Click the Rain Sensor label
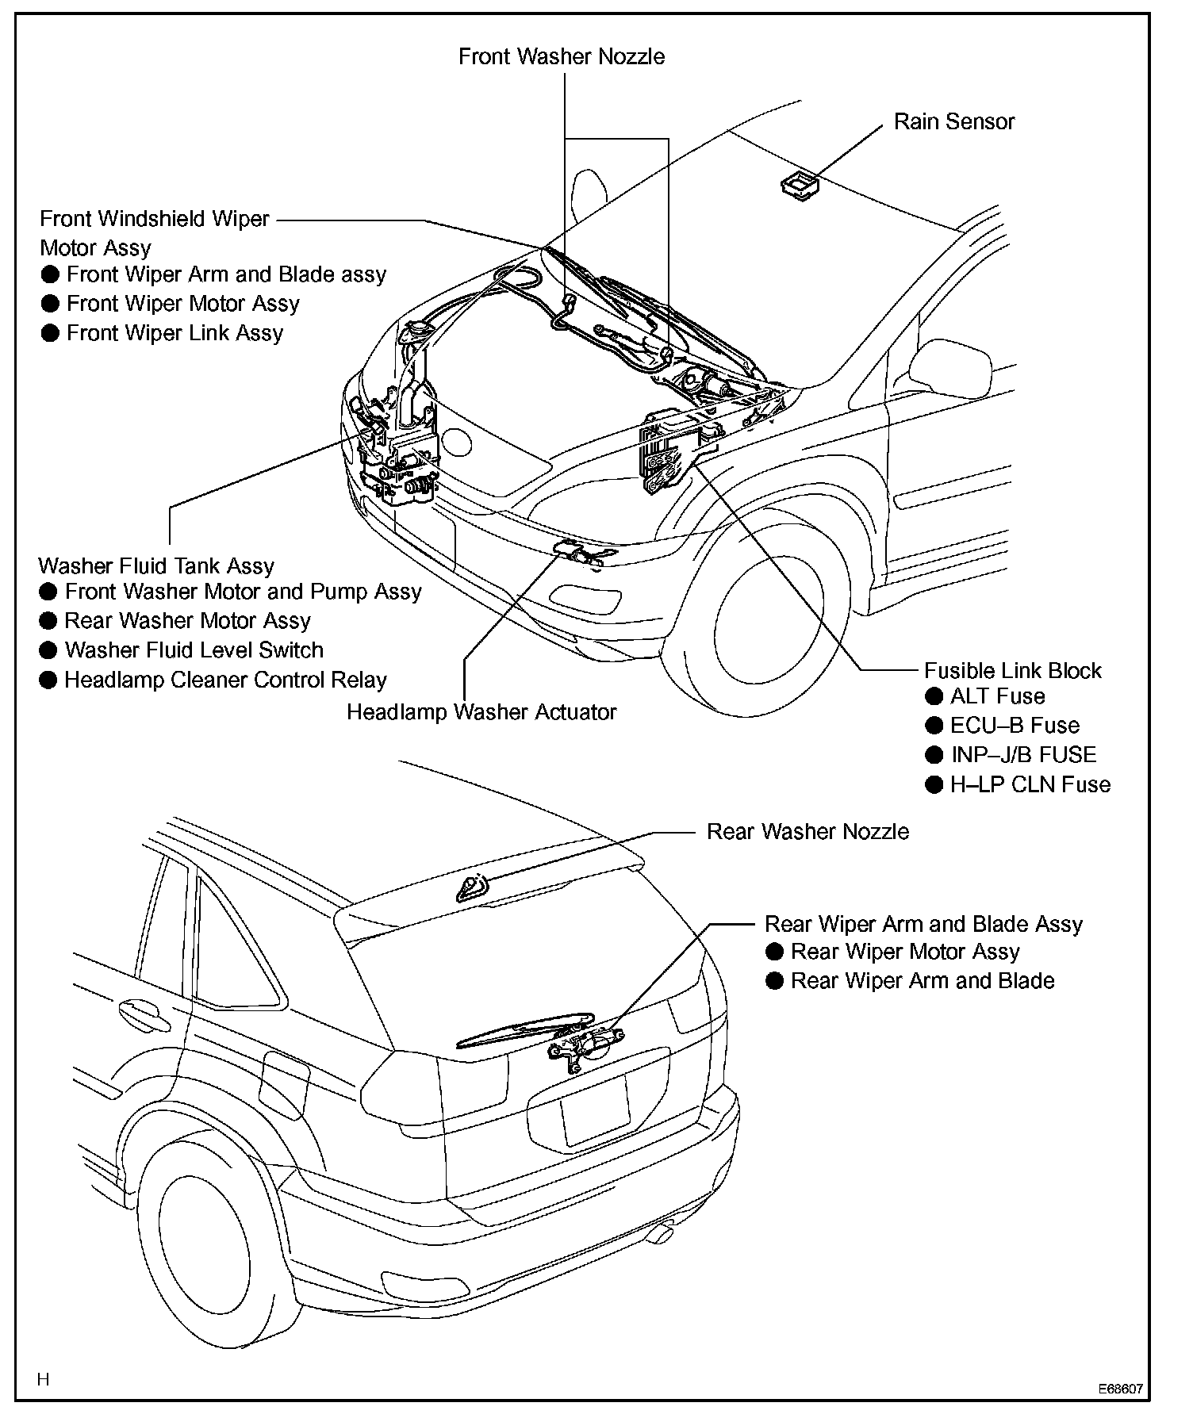[953, 122]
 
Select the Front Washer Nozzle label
[562, 57]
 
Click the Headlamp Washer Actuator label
[481, 712]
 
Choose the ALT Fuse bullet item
[997, 696]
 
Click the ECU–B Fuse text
[1015, 726]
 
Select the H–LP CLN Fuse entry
[1030, 785]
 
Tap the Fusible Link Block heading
[1012, 671]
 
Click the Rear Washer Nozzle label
[807, 832]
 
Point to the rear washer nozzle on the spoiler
[471, 889]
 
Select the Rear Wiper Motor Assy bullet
[904, 952]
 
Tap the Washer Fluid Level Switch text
[194, 650]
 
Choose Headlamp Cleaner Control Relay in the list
[225, 680]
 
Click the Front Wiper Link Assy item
[175, 333]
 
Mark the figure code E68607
[1120, 1390]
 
